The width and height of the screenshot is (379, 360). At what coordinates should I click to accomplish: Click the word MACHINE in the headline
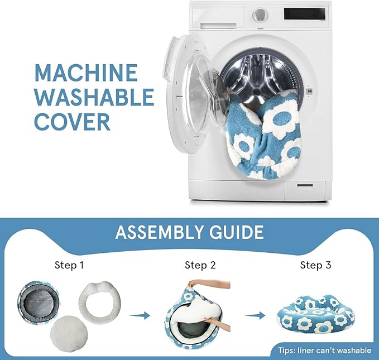[86, 73]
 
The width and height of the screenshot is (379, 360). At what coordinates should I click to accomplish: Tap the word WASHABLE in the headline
[94, 97]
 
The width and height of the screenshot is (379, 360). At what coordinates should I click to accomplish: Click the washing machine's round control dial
[260, 14]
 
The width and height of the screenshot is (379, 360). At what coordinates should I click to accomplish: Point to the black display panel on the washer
[305, 13]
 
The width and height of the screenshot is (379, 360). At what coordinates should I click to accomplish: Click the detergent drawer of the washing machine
[218, 25]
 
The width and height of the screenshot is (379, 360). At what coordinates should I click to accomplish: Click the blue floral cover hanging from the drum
[264, 136]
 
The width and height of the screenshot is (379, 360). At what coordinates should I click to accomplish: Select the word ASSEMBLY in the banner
[160, 232]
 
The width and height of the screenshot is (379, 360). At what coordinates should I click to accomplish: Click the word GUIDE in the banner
[236, 232]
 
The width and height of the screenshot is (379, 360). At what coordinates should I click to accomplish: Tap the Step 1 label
[69, 265]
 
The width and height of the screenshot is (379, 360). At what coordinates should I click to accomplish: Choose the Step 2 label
[200, 265]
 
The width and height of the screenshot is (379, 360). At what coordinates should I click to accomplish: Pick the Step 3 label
[316, 265]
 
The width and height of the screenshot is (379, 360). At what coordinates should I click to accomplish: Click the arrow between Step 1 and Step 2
[140, 315]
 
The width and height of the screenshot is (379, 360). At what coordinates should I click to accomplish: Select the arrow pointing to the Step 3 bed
[255, 315]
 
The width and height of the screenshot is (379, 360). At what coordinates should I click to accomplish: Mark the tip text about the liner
[325, 351]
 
